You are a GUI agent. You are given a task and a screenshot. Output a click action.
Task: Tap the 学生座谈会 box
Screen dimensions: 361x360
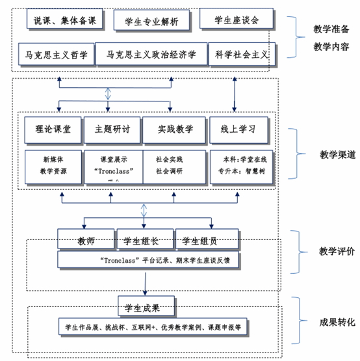pyautogui.click(x=236, y=20)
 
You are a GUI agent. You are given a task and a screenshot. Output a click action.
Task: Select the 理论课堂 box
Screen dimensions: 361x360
pyautogui.click(x=54, y=129)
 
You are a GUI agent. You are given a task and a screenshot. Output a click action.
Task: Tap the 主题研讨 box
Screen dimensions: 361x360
pyautogui.click(x=112, y=129)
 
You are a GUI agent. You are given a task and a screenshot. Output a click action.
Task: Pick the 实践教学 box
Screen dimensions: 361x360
pyautogui.click(x=174, y=129)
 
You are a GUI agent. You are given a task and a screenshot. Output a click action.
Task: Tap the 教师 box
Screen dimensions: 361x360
pyautogui.click(x=86, y=241)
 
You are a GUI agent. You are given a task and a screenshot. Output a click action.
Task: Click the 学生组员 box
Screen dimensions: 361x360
pyautogui.click(x=203, y=241)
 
